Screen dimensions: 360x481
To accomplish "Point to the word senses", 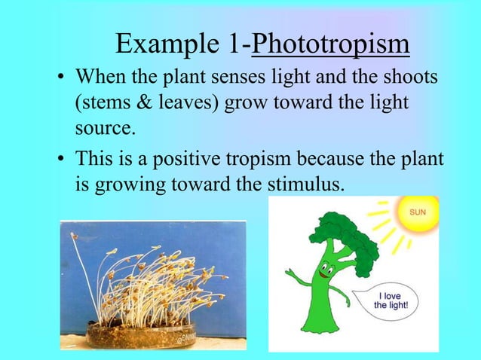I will click(x=238, y=78).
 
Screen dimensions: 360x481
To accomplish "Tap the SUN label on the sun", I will click(x=417, y=212).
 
